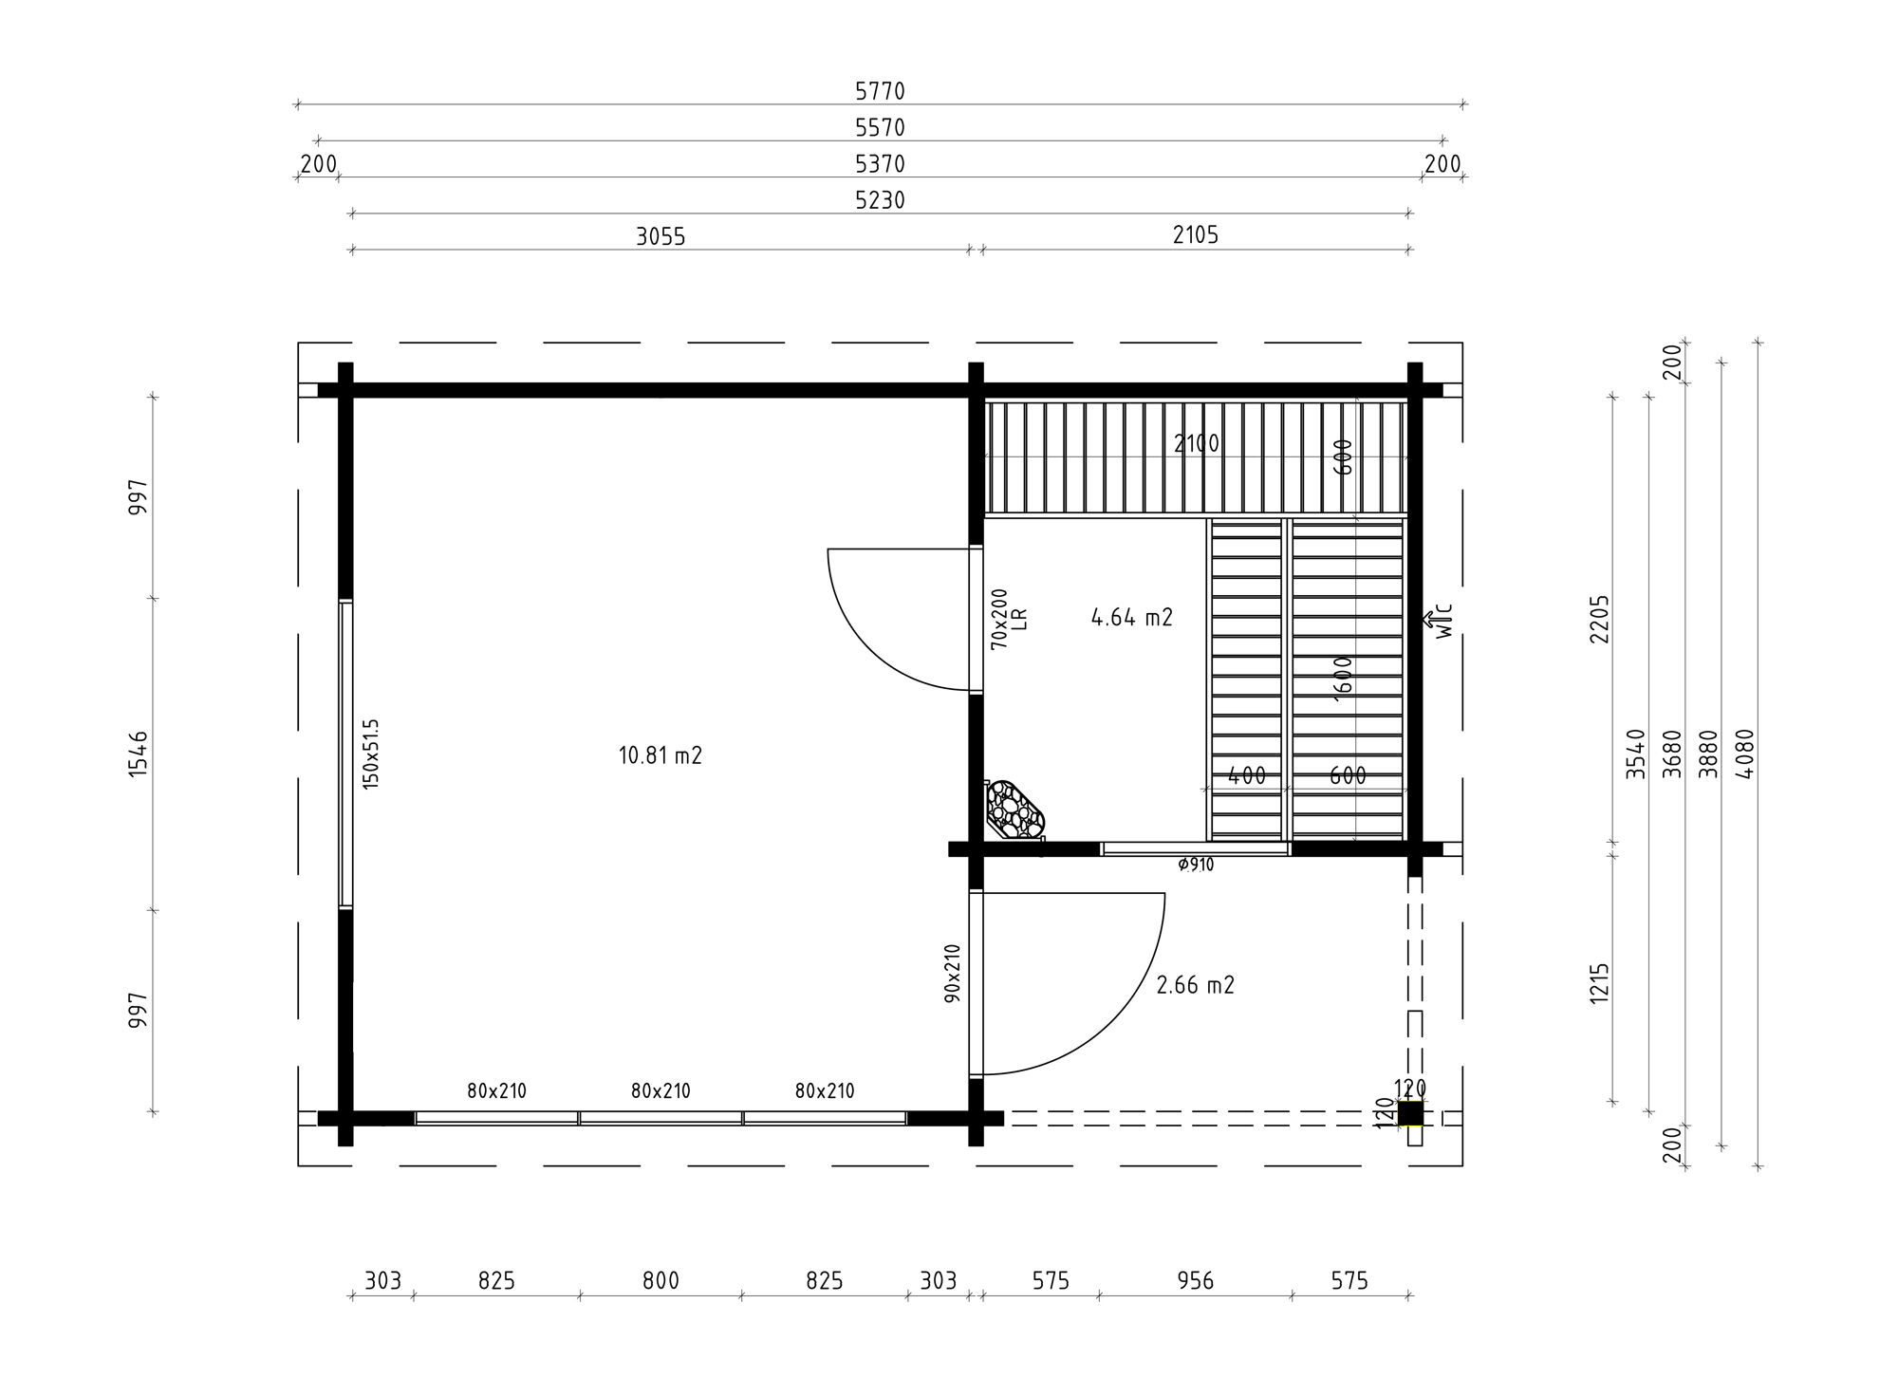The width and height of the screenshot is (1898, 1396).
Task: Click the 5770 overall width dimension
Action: click(880, 91)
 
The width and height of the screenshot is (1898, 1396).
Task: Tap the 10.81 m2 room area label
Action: click(661, 756)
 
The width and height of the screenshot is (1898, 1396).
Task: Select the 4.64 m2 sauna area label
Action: click(1132, 618)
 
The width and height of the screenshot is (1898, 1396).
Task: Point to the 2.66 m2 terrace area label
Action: click(1195, 985)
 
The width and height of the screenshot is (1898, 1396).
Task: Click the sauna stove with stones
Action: click(1014, 810)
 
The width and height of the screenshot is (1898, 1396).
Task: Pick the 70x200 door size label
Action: click(999, 619)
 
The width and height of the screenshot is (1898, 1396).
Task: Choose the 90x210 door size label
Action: click(953, 973)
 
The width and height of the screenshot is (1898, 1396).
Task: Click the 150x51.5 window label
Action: click(370, 754)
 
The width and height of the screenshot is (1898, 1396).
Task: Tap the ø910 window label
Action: click(1195, 865)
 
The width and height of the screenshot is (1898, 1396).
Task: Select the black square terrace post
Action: click(1410, 1113)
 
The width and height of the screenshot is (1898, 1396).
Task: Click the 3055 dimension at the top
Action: click(661, 236)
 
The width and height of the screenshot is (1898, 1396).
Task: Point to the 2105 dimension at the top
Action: click(1195, 234)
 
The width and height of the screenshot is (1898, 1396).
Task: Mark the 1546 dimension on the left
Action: click(139, 754)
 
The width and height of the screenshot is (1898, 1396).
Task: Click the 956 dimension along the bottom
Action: click(1195, 1281)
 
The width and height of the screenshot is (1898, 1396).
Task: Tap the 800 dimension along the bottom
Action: click(661, 1281)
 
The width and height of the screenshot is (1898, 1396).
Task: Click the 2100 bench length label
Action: click(1196, 443)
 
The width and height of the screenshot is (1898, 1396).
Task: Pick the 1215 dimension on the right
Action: click(1600, 984)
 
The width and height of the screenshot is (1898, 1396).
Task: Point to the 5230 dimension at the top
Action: click(880, 200)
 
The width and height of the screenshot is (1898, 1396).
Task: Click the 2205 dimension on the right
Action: click(1600, 619)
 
